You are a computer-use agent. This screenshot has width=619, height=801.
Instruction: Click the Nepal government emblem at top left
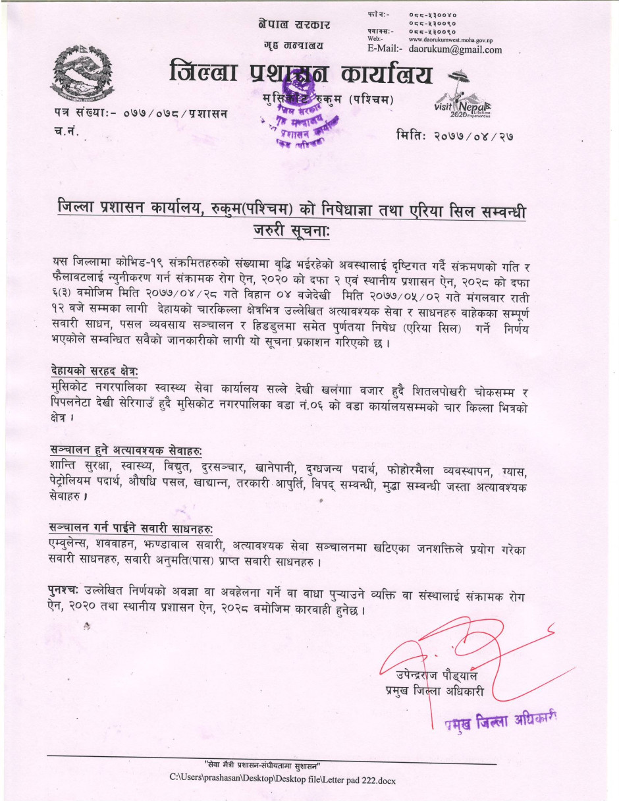pyautogui.click(x=83, y=73)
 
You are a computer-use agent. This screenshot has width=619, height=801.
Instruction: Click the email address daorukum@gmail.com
pyautogui.click(x=455, y=49)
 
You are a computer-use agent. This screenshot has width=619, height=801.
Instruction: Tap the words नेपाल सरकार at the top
pyautogui.click(x=294, y=24)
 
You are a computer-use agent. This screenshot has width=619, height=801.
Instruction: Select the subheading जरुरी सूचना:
pyautogui.click(x=290, y=232)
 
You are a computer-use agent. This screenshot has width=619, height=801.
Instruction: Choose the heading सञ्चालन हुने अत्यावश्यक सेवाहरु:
pyautogui.click(x=126, y=449)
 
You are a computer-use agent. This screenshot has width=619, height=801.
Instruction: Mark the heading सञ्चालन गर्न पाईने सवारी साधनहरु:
pyautogui.click(x=132, y=528)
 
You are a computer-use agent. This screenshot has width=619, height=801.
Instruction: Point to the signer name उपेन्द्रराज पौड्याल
pyautogui.click(x=437, y=675)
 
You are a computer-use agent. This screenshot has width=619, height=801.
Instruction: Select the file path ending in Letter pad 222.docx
pyautogui.click(x=283, y=779)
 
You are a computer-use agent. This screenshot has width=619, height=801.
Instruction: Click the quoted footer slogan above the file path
pyautogui.click(x=262, y=765)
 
